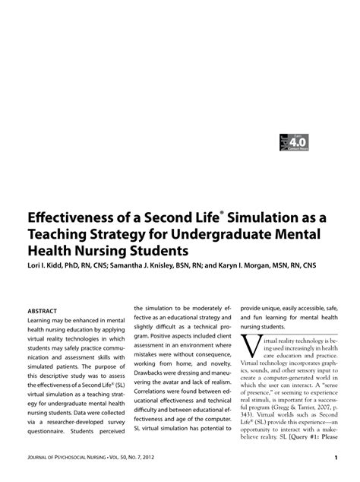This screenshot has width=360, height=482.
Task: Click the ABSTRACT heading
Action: tap(43, 311)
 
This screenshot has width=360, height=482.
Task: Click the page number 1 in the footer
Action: tap(335, 458)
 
